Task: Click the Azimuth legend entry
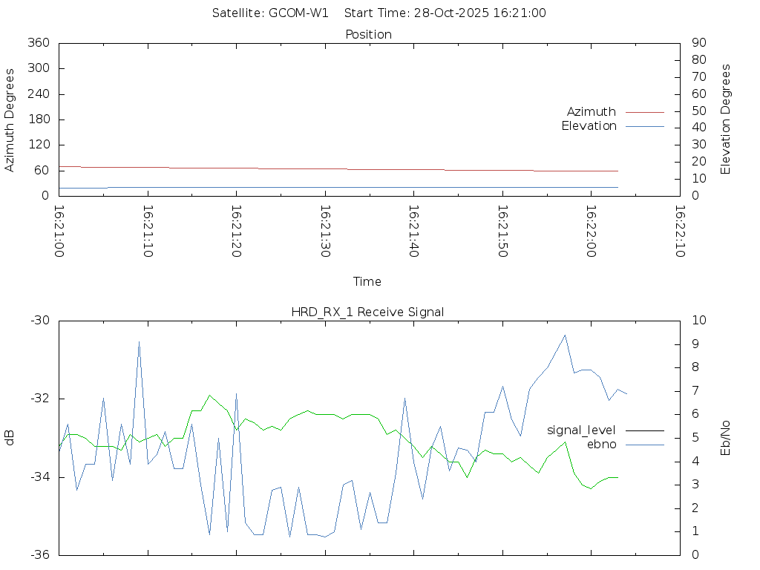click(x=592, y=112)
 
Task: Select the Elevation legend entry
click(x=589, y=126)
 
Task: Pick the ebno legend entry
click(x=602, y=445)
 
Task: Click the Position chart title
click(x=369, y=35)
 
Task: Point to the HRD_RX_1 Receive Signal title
click(x=367, y=312)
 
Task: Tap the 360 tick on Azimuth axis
click(x=38, y=43)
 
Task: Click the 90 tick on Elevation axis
click(x=698, y=43)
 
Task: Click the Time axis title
click(x=367, y=282)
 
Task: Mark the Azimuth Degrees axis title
click(x=10, y=120)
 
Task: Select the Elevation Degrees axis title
click(x=726, y=119)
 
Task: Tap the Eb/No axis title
click(x=726, y=438)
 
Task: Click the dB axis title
click(x=10, y=438)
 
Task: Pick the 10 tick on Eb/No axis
click(x=698, y=321)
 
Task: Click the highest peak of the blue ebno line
click(x=139, y=342)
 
